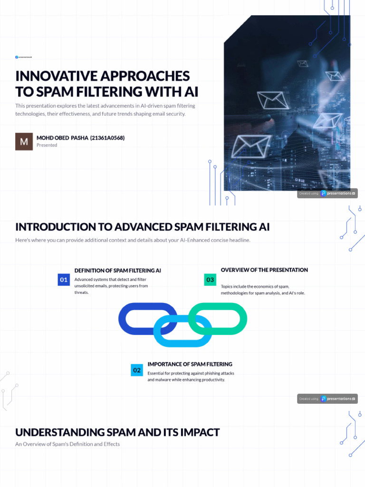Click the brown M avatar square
click(24, 141)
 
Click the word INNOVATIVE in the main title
click(63, 76)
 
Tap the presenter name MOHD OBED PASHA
click(62, 138)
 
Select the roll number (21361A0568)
click(107, 138)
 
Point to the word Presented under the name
click(47, 145)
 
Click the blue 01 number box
click(64, 280)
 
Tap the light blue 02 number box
click(137, 370)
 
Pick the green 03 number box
click(210, 280)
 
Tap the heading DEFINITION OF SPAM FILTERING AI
click(117, 270)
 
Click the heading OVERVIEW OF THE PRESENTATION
click(264, 270)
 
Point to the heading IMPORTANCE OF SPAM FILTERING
click(190, 364)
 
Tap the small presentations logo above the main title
click(23, 57)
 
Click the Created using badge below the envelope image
click(327, 194)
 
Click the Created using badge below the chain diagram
click(327, 399)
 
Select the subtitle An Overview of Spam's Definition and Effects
click(67, 444)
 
